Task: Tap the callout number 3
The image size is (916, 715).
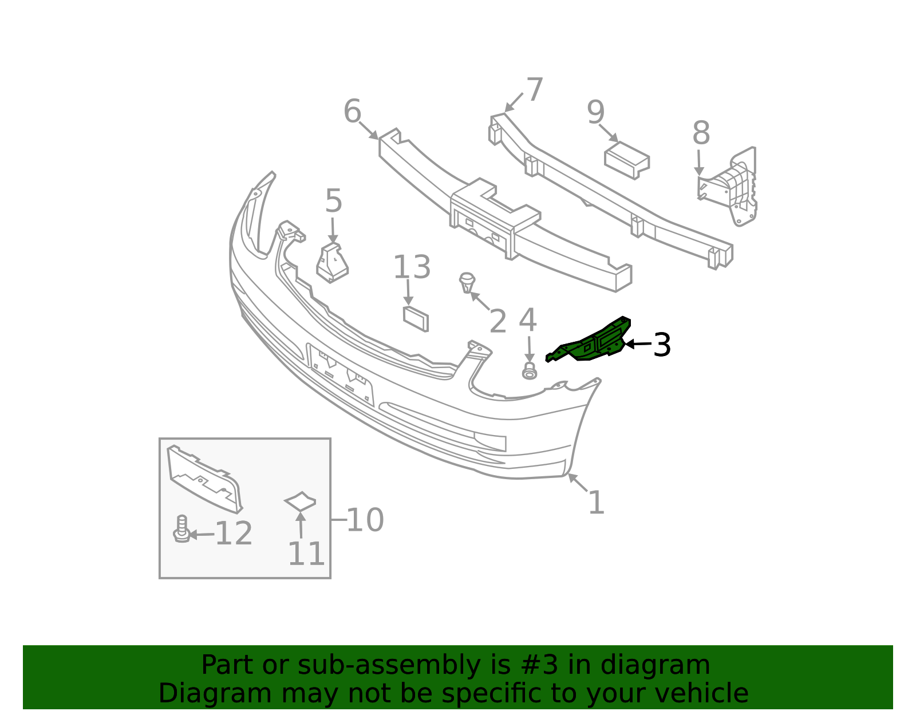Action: (x=662, y=345)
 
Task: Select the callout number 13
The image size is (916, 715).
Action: (x=412, y=267)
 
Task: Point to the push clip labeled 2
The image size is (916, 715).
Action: (x=467, y=282)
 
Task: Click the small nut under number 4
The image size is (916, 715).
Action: (x=530, y=371)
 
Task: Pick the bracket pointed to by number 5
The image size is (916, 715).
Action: (x=333, y=263)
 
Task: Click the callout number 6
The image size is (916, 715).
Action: (x=353, y=111)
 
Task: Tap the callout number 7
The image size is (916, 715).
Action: (x=535, y=89)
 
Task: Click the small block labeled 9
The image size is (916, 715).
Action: (x=627, y=160)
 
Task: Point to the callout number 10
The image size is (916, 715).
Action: (x=365, y=520)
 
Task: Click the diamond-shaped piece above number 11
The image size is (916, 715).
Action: (x=300, y=501)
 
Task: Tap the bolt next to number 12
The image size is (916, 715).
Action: (x=181, y=528)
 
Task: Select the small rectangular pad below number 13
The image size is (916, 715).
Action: (x=416, y=319)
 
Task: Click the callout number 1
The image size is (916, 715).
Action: (x=596, y=502)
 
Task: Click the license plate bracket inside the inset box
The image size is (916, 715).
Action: (x=204, y=479)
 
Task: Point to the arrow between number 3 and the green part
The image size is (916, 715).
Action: (x=638, y=344)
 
